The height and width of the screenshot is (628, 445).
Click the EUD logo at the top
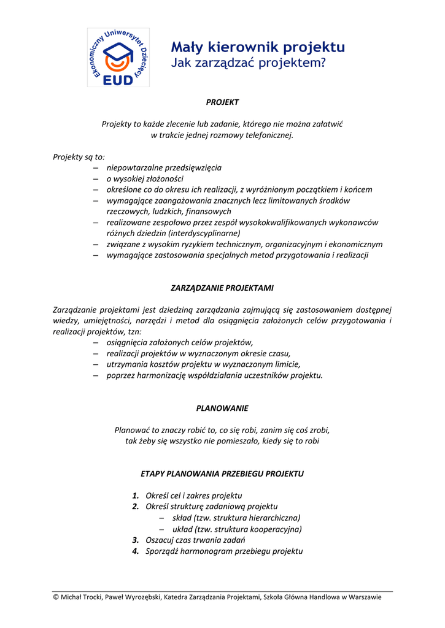click(x=118, y=57)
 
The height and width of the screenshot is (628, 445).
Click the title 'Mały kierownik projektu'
click(x=257, y=47)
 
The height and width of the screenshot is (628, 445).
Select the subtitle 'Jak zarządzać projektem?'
click(x=248, y=63)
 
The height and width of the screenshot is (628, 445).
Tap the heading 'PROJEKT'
click(x=222, y=102)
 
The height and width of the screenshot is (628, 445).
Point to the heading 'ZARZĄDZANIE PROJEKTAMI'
click(x=222, y=288)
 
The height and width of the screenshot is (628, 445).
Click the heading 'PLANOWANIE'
click(x=222, y=408)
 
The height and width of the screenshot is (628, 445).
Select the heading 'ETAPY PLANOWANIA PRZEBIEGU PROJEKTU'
click(x=222, y=474)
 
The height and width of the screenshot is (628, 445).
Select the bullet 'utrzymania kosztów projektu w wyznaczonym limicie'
click(x=198, y=364)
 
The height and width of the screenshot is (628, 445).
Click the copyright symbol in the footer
click(x=56, y=597)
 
